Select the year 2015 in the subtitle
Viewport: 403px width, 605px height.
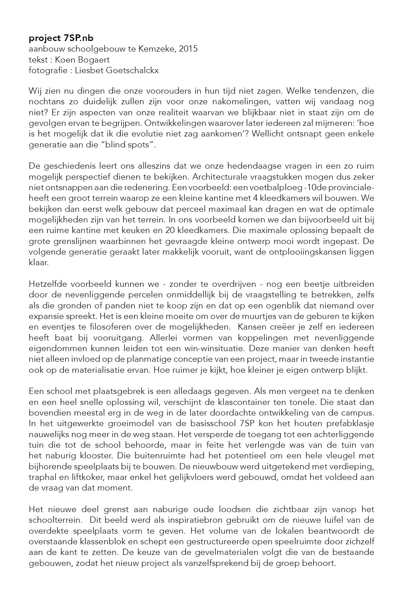[189, 49]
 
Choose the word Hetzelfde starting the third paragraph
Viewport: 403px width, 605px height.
[47, 284]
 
